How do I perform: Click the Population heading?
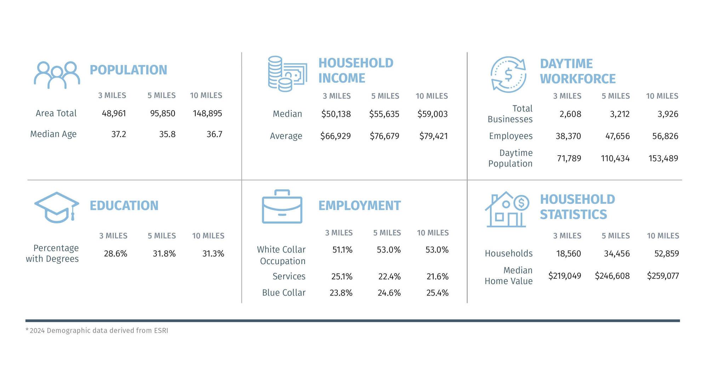(x=128, y=70)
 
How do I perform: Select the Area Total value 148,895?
(x=207, y=113)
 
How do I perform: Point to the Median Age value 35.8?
(x=167, y=134)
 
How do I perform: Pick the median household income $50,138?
(x=336, y=114)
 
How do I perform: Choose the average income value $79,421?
(x=434, y=136)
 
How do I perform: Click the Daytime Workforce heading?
(x=578, y=71)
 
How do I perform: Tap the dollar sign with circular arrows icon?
(x=508, y=75)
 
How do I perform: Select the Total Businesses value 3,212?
(x=620, y=114)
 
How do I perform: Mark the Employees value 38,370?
(x=568, y=136)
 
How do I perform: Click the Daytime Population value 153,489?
(x=663, y=158)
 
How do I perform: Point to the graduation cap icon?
(x=57, y=208)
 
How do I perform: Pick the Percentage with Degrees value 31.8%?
(x=164, y=254)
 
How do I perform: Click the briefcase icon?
(x=282, y=207)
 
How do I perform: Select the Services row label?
(x=289, y=276)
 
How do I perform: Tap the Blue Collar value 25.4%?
(x=438, y=293)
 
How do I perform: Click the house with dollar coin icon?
(x=507, y=209)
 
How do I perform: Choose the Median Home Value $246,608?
(x=612, y=276)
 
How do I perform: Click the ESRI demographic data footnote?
(x=97, y=330)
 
